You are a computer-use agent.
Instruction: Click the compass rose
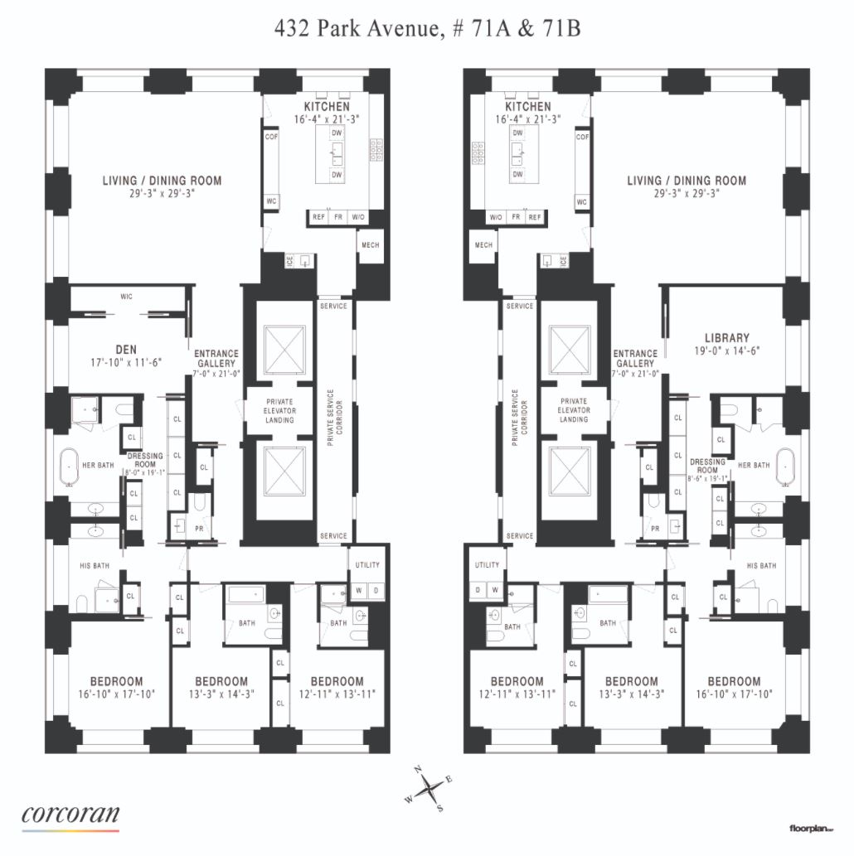pyautogui.click(x=432, y=788)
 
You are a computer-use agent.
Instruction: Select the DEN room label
pyautogui.click(x=125, y=350)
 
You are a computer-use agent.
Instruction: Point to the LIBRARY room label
pyautogui.click(x=726, y=338)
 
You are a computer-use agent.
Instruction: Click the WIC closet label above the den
pyautogui.click(x=126, y=295)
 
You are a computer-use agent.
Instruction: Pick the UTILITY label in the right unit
pyautogui.click(x=487, y=565)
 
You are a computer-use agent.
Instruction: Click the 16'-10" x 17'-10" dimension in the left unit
pyautogui.click(x=104, y=694)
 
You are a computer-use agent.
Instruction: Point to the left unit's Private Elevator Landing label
pyautogui.click(x=279, y=410)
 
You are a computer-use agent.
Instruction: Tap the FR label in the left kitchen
pyautogui.click(x=337, y=217)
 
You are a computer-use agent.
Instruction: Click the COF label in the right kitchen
pyautogui.click(x=582, y=137)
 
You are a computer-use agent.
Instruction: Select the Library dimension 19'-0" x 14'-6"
pyautogui.click(x=726, y=351)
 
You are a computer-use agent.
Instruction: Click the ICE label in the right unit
pyautogui.click(x=564, y=261)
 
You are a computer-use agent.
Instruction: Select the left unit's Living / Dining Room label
pyautogui.click(x=163, y=181)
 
